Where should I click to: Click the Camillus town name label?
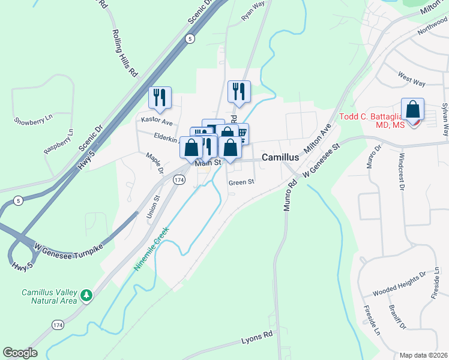(x=280, y=157)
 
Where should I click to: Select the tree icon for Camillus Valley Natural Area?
(x=87, y=295)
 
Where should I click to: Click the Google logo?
(x=20, y=353)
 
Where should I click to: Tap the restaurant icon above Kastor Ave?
(x=160, y=97)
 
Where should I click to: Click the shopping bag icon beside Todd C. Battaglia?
(x=412, y=110)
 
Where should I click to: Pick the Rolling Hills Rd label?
(x=124, y=53)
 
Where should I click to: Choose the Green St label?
(x=242, y=181)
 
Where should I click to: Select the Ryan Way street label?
(x=253, y=11)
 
